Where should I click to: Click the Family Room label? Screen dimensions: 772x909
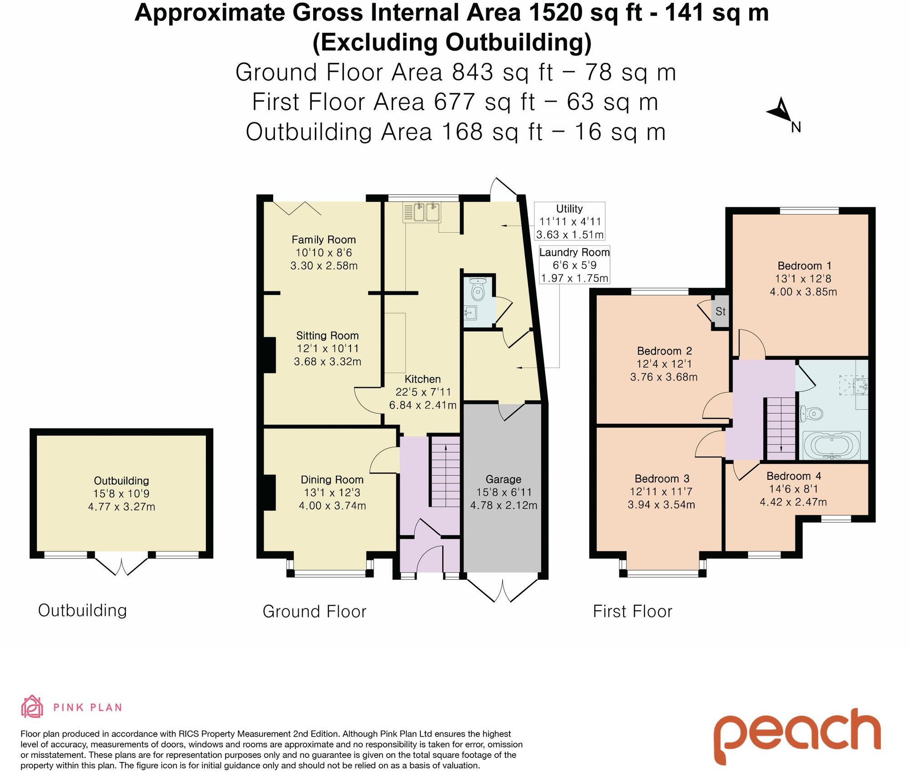tap(323, 239)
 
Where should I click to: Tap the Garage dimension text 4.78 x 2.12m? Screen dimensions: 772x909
tap(504, 505)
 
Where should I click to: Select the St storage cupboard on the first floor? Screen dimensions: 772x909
tap(720, 311)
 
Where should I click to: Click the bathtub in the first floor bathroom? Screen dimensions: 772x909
tap(832, 445)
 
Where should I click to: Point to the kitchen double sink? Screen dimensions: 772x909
tap(427, 213)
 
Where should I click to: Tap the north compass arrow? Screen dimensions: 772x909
tap(780, 112)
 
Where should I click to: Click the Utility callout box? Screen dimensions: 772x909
tap(569, 221)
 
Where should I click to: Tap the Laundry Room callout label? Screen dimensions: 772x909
tap(574, 252)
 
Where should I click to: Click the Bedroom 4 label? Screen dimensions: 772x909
tap(794, 476)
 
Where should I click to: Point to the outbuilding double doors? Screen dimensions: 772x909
tap(122, 566)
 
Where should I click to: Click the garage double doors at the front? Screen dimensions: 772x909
tap(503, 591)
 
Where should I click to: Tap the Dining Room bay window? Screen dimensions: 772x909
tap(330, 573)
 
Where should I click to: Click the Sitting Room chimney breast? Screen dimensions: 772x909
tap(270, 355)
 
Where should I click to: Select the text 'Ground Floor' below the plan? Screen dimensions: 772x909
tap(314, 611)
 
